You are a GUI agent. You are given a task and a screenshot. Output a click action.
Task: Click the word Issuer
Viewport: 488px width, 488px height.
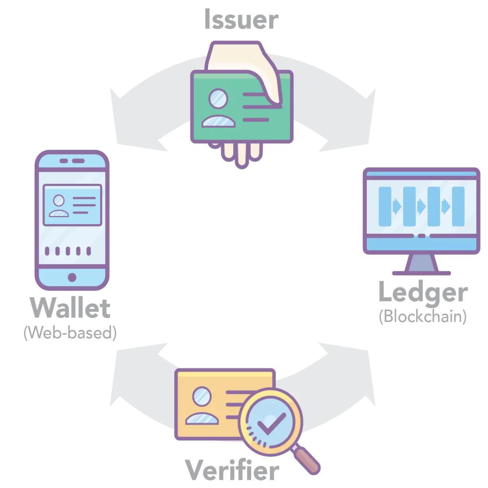pos(241,19)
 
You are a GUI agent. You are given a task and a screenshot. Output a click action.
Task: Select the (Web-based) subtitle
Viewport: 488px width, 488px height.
pos(70,333)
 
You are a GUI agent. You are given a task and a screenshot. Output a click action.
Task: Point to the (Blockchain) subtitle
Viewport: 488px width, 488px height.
pos(423,316)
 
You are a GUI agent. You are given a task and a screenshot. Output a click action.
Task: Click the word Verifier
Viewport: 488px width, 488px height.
pos(232,470)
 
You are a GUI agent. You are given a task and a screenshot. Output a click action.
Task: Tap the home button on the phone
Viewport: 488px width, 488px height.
pos(72,277)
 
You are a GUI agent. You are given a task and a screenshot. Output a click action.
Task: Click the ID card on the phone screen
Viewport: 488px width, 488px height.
pos(72,205)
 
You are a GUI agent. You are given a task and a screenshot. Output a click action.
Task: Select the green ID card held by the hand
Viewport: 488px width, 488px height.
pos(242,107)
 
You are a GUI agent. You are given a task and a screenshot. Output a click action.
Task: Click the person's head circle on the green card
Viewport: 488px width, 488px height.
pos(218,98)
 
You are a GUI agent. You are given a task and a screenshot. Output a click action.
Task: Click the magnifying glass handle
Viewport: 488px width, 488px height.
pos(307,460)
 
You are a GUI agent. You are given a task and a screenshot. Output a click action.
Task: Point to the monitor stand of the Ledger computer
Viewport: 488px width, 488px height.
pos(422,264)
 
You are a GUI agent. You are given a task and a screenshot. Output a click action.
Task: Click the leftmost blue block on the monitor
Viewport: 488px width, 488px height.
pos(385,207)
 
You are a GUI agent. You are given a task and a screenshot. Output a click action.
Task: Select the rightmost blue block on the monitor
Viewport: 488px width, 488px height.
pos(458,207)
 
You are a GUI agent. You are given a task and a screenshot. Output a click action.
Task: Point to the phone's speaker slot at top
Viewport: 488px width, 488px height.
pos(72,161)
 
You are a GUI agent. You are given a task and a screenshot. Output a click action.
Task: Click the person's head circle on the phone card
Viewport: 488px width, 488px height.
pos(59,200)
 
